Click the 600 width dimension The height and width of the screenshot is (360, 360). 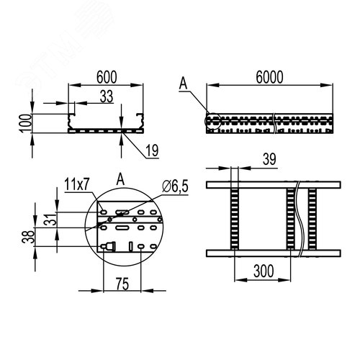point(107,77)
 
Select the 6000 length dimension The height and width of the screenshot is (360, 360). point(269,77)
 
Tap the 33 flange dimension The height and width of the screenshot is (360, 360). point(107,96)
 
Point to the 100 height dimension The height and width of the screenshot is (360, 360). point(26,123)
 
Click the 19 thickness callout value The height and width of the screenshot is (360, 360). point(152,150)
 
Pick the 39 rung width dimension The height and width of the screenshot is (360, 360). point(269,159)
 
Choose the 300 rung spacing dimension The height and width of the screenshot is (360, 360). point(264,271)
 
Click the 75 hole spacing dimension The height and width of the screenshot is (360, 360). point(122,284)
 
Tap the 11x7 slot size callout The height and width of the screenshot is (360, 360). point(77,185)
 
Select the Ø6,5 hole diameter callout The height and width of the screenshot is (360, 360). point(175,186)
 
